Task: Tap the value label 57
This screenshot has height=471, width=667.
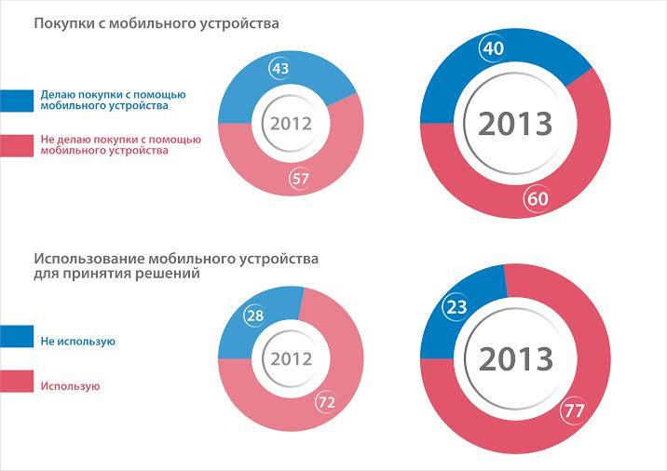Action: point(299,180)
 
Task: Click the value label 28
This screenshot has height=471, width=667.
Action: point(254,316)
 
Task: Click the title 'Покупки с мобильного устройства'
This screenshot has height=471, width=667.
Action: point(157,22)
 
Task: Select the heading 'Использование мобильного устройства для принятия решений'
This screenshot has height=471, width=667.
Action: point(182,266)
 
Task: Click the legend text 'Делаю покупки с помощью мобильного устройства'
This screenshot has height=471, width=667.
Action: point(114,101)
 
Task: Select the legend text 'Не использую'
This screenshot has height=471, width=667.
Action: point(77,342)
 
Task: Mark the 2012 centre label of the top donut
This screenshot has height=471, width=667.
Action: point(291,123)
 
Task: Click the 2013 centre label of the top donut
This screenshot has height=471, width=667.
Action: point(515,123)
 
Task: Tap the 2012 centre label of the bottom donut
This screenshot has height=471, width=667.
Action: point(291,359)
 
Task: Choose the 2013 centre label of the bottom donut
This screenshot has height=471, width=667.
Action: point(515,359)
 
